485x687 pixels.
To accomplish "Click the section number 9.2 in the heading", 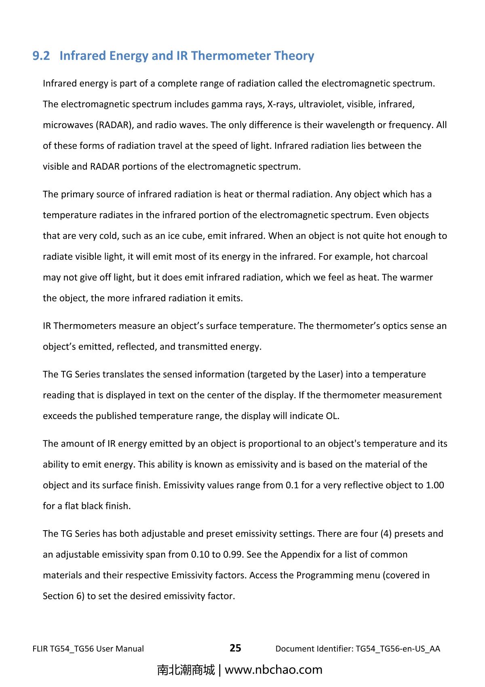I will click(41, 56).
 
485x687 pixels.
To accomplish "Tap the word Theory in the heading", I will click(294, 56).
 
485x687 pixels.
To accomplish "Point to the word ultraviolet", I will click(316, 104).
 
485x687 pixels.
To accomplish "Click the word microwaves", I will click(68, 125).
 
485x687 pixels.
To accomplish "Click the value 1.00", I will click(435, 485).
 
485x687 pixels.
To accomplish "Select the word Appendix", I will click(300, 554).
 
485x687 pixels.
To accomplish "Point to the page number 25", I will click(235, 648).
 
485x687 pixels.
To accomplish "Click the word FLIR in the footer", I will click(40, 649).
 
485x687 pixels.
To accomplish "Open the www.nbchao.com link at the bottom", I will click(273, 670).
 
